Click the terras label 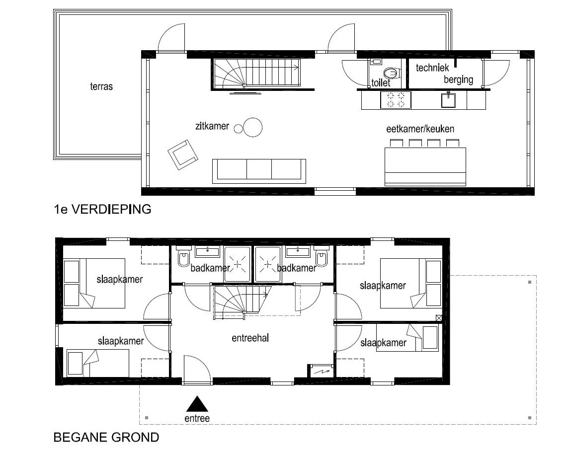point(101,86)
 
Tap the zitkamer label point(212,126)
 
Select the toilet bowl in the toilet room point(391,74)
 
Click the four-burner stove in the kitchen point(396,100)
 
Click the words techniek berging point(444,74)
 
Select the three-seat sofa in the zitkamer point(259,171)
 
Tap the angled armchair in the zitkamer point(183,154)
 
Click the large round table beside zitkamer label point(253,127)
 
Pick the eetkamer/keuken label point(420,129)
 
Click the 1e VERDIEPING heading point(103,209)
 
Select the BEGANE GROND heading point(106,437)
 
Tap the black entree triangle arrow point(197,404)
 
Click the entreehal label point(250,338)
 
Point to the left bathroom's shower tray point(237,264)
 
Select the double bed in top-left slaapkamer point(94,283)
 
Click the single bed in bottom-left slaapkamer point(97,363)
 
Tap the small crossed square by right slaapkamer point(439,318)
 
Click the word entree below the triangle point(197,418)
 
